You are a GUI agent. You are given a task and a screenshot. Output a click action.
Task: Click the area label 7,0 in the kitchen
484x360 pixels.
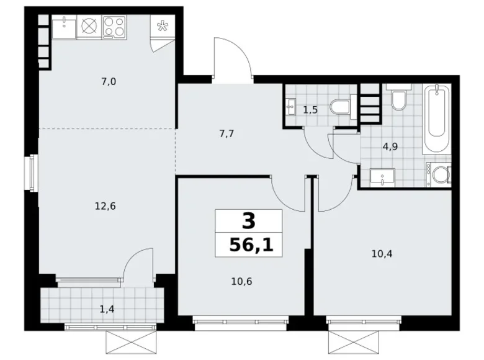click(x=109, y=81)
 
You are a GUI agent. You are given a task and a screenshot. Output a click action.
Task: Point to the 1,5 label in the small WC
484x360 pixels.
click(x=311, y=110)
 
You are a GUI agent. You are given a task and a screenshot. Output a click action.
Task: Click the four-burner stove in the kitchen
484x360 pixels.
click(x=114, y=26)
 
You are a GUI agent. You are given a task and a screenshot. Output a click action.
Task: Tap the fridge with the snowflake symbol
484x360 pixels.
click(x=164, y=27)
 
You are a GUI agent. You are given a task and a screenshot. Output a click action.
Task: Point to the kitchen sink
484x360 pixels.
click(x=64, y=26)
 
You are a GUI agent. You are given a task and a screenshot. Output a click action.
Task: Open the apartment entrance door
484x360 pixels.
click(x=233, y=59)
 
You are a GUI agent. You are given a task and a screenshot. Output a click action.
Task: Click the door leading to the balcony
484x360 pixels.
click(x=138, y=264)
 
